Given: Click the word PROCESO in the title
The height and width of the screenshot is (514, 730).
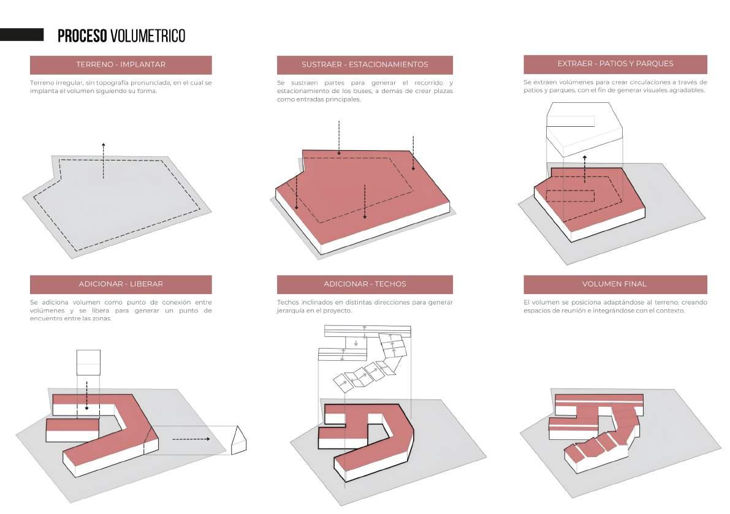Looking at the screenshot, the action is (82, 36).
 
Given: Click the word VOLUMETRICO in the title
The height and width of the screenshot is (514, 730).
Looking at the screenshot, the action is (148, 36).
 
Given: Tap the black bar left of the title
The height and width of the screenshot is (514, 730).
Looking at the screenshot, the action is (22, 34).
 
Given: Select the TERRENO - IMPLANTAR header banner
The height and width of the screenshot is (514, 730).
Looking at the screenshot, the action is (121, 65).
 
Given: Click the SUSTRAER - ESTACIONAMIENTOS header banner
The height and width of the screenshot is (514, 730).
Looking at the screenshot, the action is (365, 65).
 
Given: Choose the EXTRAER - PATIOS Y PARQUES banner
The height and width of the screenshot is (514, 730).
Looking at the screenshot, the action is (615, 64).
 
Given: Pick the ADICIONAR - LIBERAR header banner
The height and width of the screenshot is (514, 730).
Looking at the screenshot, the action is (121, 284).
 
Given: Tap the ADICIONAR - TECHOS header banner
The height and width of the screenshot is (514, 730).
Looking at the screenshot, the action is (365, 284).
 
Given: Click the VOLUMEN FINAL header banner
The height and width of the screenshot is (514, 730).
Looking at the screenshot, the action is (615, 284).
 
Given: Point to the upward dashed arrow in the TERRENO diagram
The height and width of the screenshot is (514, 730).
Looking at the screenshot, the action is (104, 161).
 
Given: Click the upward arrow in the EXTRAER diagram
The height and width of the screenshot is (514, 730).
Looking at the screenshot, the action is (585, 169).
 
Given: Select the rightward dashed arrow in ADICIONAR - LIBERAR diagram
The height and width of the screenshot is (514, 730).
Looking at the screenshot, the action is (191, 439).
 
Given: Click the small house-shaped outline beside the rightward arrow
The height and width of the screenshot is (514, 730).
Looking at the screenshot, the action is (239, 440).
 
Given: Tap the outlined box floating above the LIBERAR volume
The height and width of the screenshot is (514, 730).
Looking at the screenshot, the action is (88, 363).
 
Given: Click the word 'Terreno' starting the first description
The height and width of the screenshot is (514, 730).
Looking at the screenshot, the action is (42, 83).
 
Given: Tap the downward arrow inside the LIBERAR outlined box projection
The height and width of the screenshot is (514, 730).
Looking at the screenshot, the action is (87, 395).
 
